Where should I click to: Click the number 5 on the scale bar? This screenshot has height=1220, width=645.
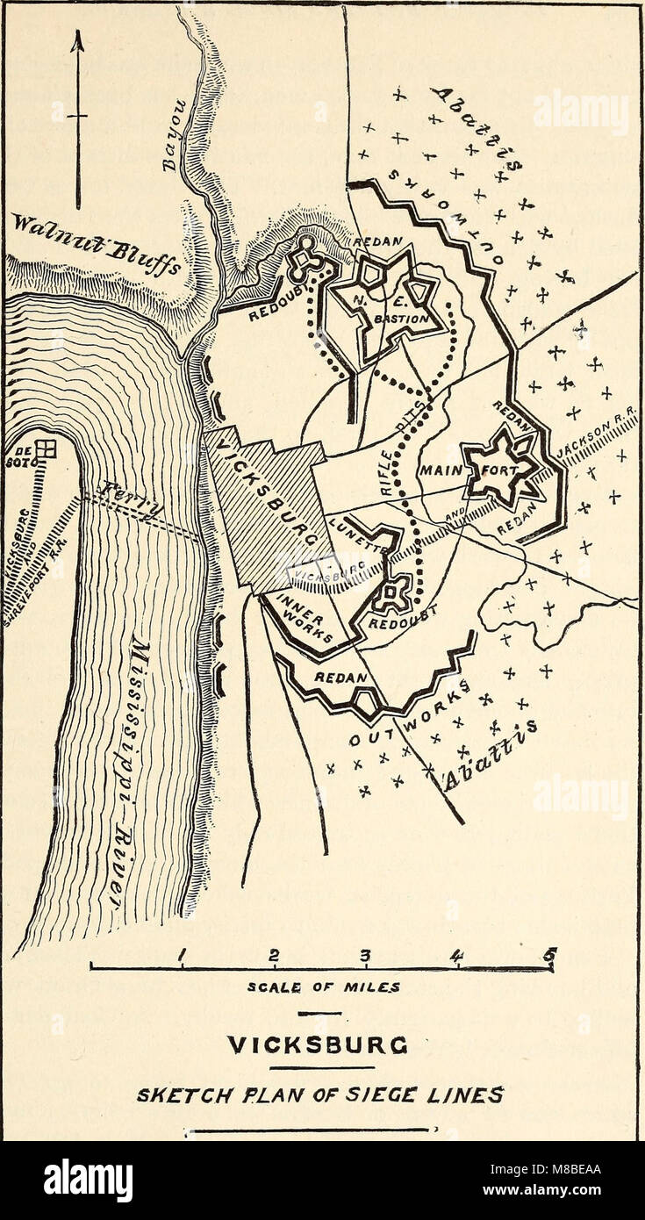coord(550,953)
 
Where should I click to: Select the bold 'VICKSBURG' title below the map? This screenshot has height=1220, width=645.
coord(321,1047)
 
